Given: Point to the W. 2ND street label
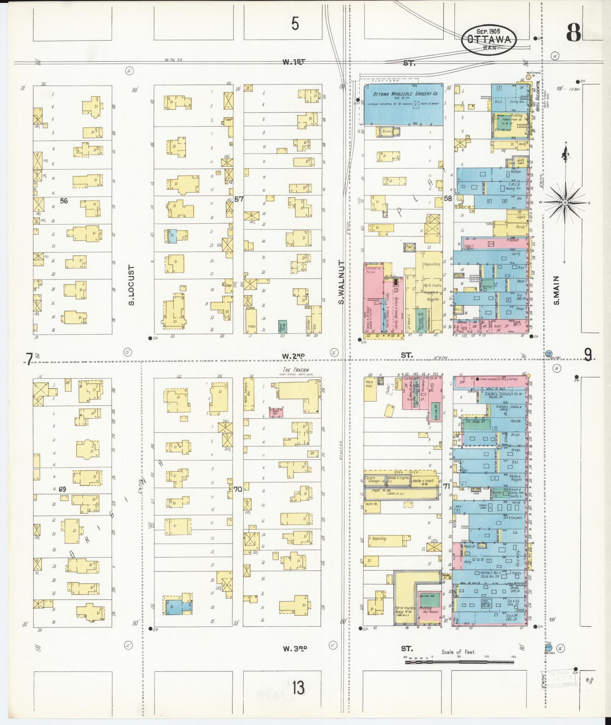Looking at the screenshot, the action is (293, 355).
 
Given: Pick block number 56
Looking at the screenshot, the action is (64, 201).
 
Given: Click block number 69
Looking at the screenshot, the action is (63, 489).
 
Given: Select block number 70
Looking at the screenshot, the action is (238, 489).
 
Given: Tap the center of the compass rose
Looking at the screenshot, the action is (564, 203).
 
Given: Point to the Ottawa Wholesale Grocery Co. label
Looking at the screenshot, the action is (406, 94).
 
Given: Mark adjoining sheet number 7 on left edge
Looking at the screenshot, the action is (28, 359).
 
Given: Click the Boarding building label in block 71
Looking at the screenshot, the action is (379, 539).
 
